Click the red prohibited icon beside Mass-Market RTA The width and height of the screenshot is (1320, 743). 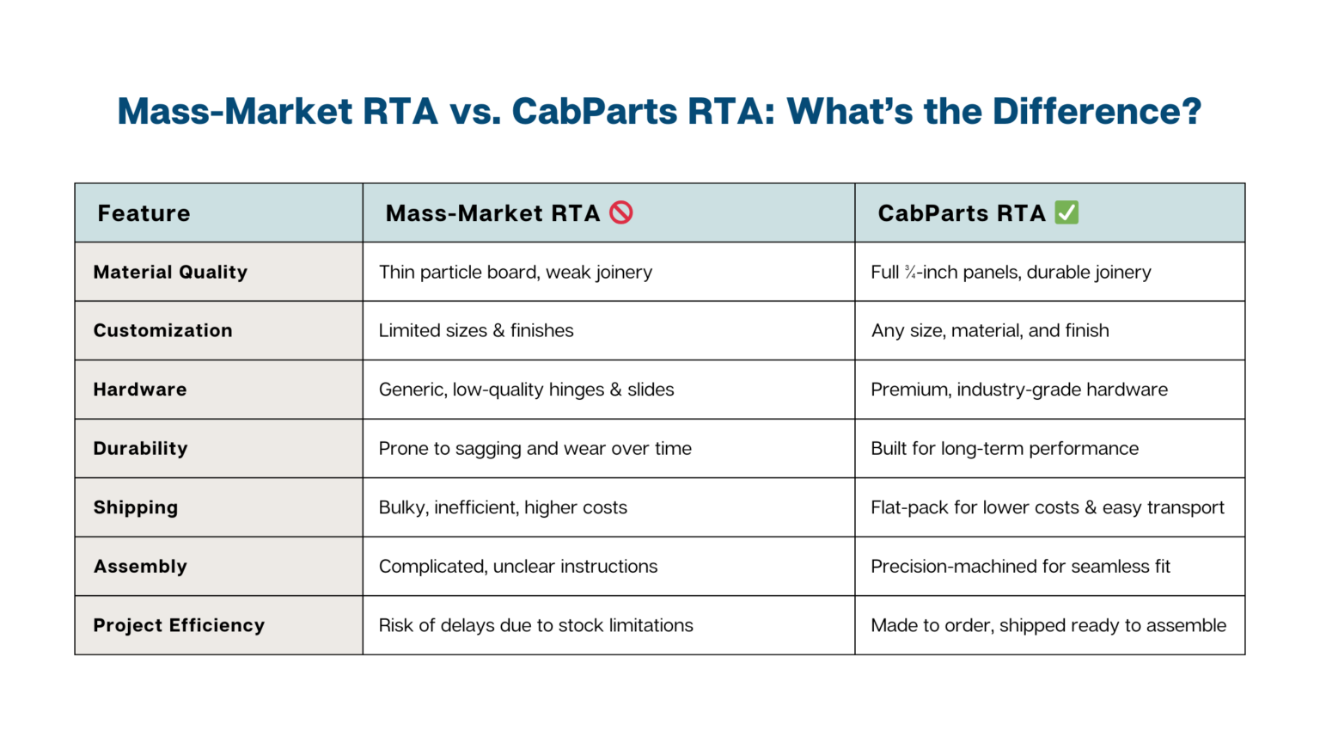621,212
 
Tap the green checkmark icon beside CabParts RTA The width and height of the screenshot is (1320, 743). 1066,212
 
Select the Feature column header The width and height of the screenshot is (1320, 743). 144,213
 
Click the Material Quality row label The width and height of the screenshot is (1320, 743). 170,272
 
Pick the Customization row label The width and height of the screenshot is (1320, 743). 162,330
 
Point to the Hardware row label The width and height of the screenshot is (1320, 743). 140,390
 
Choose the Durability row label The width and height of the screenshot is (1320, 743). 140,448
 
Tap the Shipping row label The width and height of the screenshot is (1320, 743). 136,507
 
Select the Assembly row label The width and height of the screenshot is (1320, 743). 140,566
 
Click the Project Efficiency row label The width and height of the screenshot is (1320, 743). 179,625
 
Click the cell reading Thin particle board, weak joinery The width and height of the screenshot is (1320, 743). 516,272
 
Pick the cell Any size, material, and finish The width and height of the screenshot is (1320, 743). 990,330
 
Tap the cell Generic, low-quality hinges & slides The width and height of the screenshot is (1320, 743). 526,390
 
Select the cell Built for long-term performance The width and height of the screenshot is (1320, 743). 1005,448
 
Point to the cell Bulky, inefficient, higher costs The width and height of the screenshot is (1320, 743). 503,507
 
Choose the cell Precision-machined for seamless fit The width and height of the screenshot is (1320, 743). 1020,566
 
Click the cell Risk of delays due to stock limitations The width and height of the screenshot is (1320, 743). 535,625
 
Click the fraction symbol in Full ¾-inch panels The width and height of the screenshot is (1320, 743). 910,273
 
